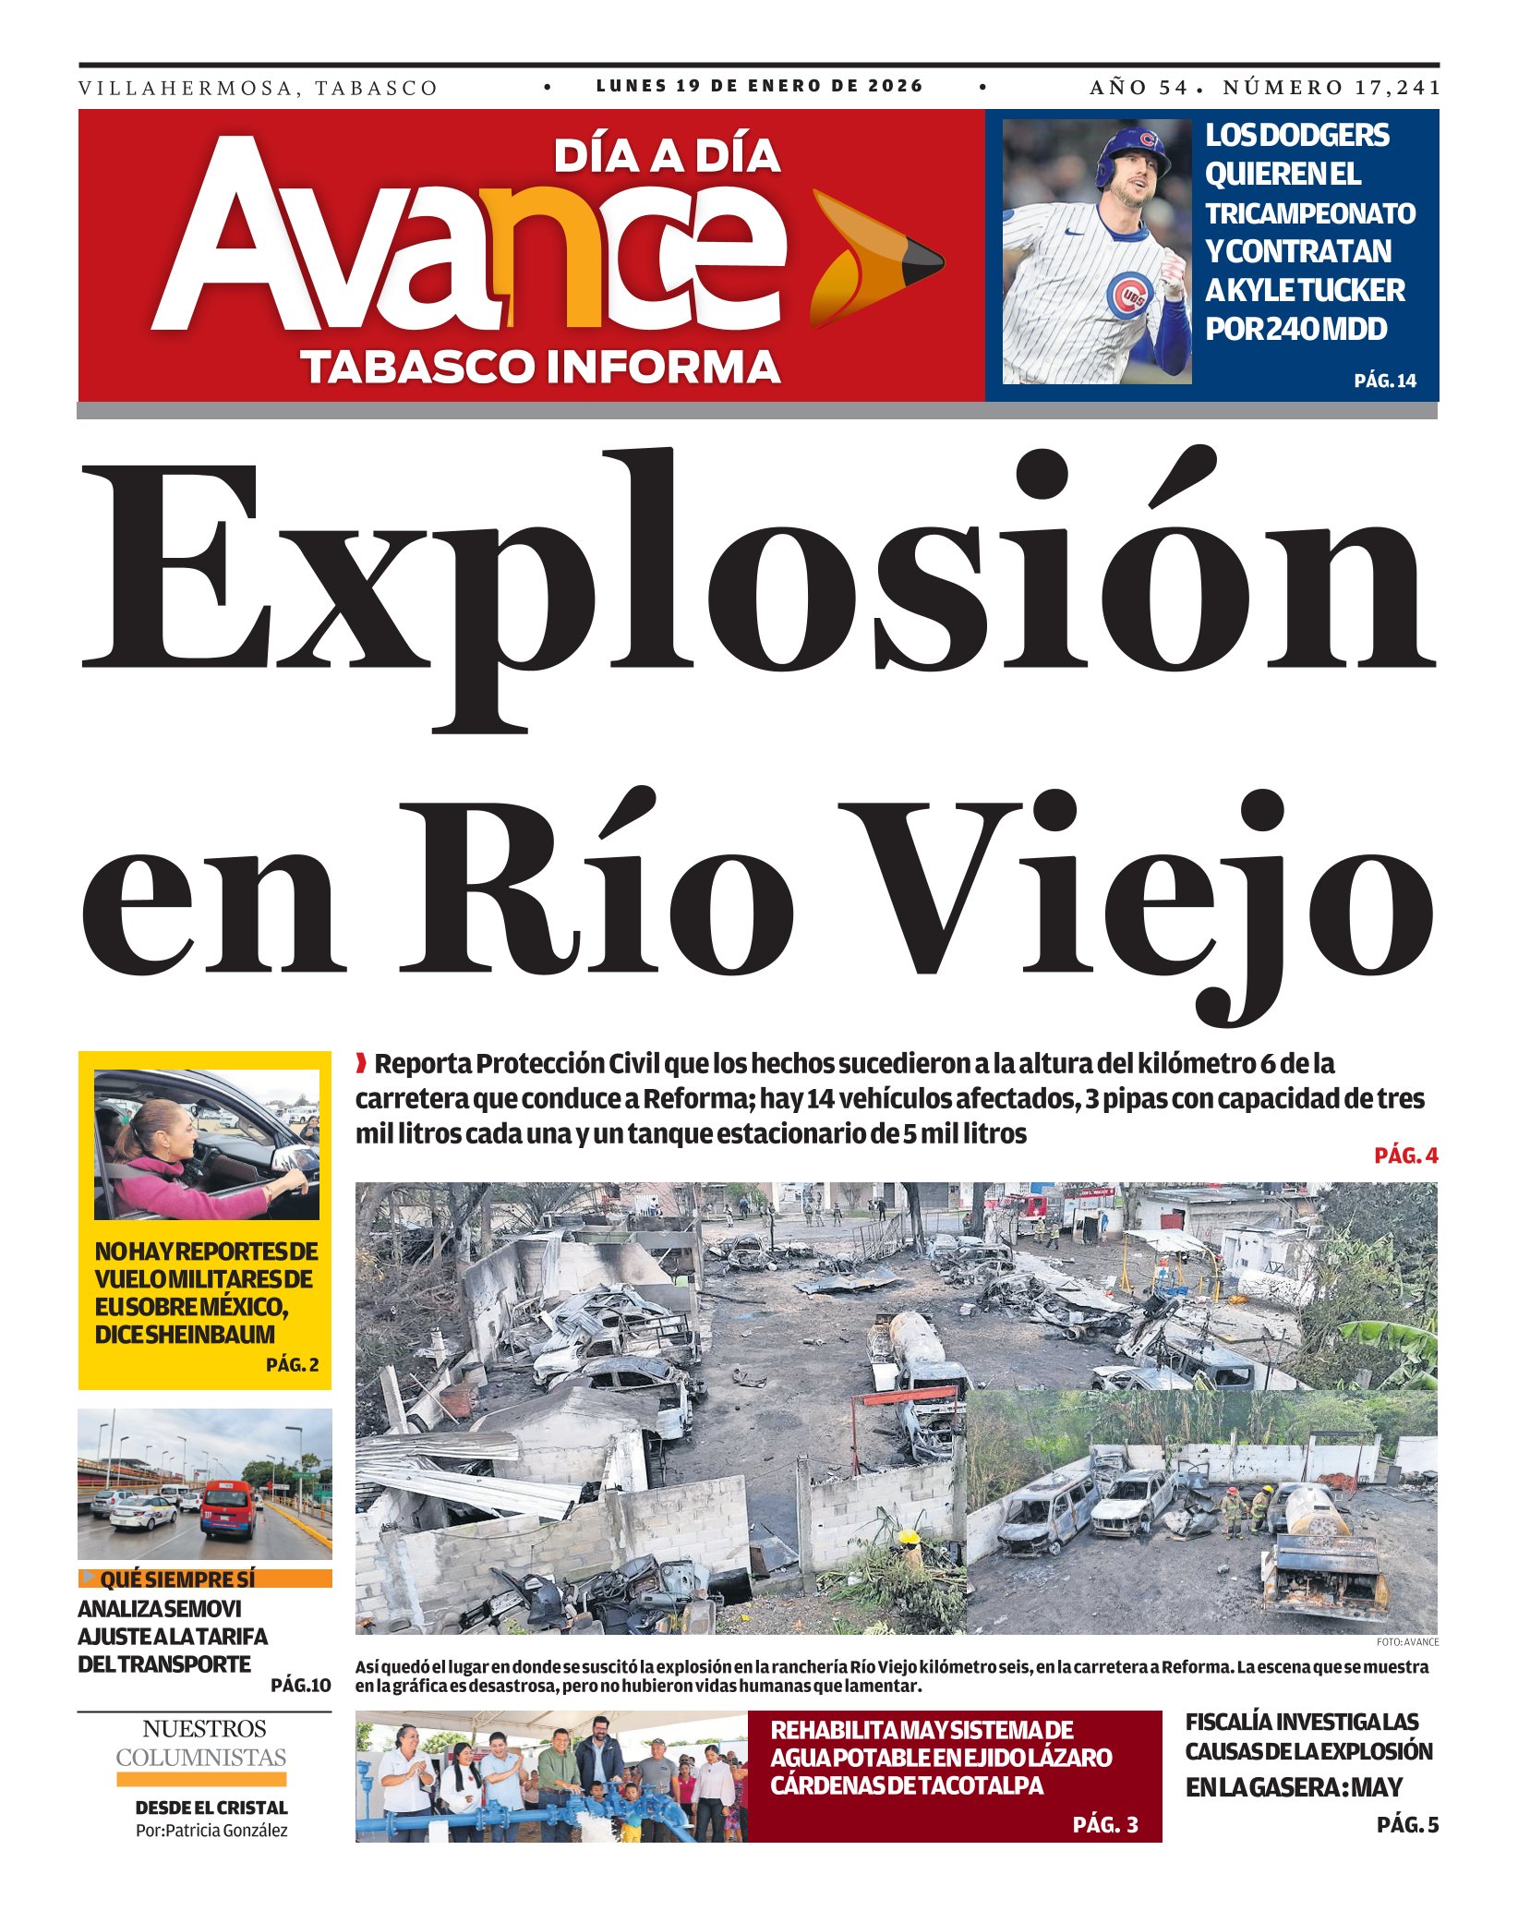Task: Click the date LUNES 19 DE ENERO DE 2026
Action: (759, 86)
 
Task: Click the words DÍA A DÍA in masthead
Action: (667, 156)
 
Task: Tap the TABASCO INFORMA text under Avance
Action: (541, 367)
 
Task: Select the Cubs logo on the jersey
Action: (1129, 296)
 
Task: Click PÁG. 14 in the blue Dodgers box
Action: (1384, 381)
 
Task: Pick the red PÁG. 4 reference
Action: (1405, 1155)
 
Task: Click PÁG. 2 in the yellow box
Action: (292, 1364)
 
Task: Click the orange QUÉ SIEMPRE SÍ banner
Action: (204, 1579)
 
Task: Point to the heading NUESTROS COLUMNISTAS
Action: (201, 1743)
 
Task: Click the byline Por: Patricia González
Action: (211, 1830)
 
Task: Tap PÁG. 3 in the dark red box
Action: (1105, 1825)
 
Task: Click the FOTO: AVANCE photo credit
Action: (1406, 1641)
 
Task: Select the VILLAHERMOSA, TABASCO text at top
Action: (258, 89)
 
